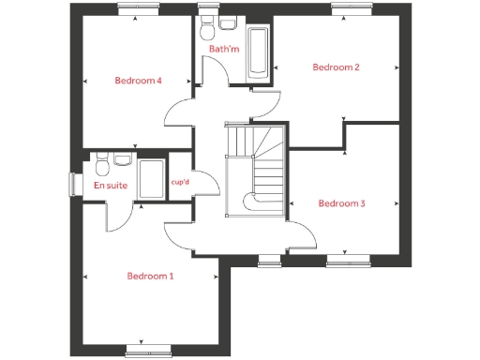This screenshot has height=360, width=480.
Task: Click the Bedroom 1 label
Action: [x=150, y=276]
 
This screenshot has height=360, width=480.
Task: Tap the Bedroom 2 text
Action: [x=337, y=67]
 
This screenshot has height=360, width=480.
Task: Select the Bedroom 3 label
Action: [x=341, y=203]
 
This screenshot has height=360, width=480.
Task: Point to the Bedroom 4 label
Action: [x=139, y=81]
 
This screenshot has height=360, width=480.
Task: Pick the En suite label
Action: [x=111, y=186]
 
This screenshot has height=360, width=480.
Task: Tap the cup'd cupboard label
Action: [x=181, y=182]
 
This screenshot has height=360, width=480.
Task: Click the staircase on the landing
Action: [x=255, y=169]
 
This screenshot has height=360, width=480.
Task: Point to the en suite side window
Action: [x=71, y=185]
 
